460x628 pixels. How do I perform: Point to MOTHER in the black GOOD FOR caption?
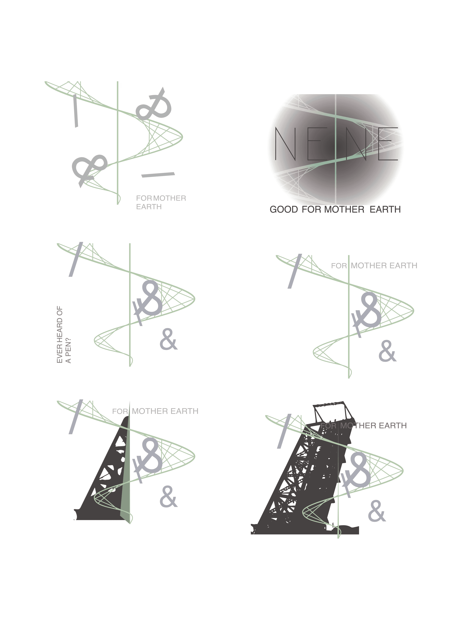tap(344, 209)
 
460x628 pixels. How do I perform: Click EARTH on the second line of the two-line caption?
tap(149, 207)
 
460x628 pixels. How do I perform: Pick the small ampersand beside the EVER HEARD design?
tap(168, 339)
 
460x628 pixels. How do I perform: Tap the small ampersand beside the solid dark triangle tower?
tap(168, 497)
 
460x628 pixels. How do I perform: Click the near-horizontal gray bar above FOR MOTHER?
tap(158, 175)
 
